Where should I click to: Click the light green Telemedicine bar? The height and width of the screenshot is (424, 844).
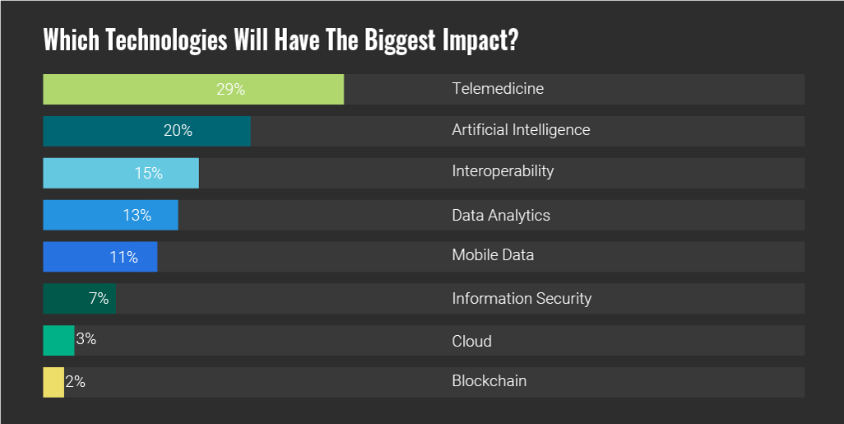click(193, 89)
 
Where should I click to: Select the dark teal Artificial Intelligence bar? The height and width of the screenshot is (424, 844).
click(146, 131)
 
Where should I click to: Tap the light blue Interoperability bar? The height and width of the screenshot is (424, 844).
click(121, 173)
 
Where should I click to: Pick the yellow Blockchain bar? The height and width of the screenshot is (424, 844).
click(53, 382)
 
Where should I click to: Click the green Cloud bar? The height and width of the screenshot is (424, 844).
click(58, 340)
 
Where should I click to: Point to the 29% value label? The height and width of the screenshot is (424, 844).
click(231, 89)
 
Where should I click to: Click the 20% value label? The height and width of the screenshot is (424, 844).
click(178, 131)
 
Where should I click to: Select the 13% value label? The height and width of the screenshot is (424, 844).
click(137, 216)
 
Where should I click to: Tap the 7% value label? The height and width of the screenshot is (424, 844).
click(99, 299)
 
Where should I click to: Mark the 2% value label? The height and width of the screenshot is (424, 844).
click(76, 382)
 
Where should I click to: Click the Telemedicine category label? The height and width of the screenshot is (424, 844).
click(498, 88)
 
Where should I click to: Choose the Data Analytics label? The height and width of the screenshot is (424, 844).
click(501, 216)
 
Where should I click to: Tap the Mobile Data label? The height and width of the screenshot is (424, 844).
click(493, 255)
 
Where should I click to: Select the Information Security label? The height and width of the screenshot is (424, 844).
click(522, 299)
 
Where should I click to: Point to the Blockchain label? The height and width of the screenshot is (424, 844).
click(489, 381)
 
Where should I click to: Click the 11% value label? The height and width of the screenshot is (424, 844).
click(123, 257)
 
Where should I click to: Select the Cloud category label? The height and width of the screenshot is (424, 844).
click(471, 341)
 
